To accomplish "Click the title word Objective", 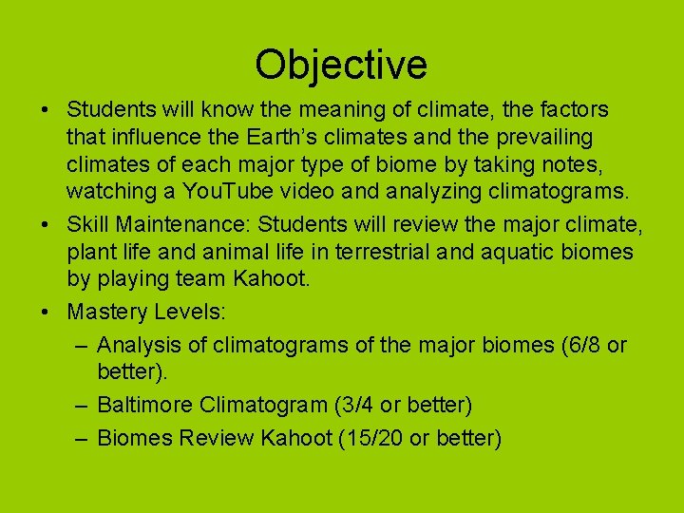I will click(x=341, y=65).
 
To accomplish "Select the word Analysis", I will click(x=137, y=344).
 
